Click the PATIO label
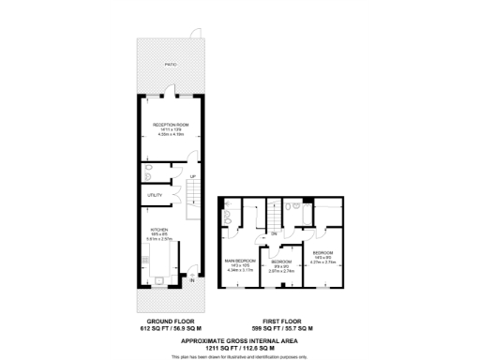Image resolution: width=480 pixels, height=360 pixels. pyautogui.click(x=170, y=65)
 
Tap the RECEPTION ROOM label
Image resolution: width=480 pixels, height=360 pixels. pyautogui.click(x=171, y=124)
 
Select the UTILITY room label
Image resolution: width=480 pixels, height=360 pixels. pyautogui.click(x=155, y=195)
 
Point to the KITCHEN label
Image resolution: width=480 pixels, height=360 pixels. pyautogui.click(x=157, y=228)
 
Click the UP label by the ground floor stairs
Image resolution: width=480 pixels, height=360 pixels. pyautogui.click(x=192, y=175)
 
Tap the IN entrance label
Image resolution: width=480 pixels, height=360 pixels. pyautogui.click(x=191, y=279)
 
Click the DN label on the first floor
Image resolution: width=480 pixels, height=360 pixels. pyautogui.click(x=275, y=232)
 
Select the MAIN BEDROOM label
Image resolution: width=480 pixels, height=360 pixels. pyautogui.click(x=241, y=261)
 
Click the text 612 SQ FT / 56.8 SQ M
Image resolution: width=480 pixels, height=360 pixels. pyautogui.click(x=165, y=330)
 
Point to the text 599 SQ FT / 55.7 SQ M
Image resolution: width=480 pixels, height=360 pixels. pyautogui.click(x=278, y=330)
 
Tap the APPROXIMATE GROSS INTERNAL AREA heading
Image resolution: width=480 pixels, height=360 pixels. pyautogui.click(x=240, y=338)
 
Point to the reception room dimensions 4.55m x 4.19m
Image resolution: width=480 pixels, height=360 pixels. pyautogui.click(x=171, y=135)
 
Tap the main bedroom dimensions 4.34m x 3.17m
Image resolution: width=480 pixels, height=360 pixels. pyautogui.click(x=241, y=272)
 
